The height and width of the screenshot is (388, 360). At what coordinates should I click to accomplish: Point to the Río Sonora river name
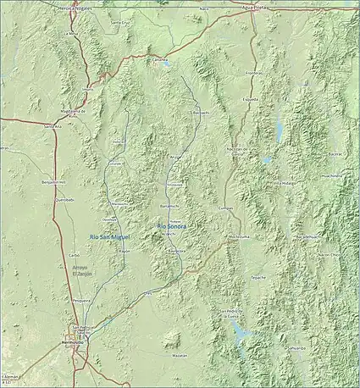(173, 225)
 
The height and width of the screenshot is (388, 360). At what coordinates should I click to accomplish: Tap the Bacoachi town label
(200, 111)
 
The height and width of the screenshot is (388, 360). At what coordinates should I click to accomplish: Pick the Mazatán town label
(179, 356)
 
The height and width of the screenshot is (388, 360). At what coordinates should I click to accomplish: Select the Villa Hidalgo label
(285, 182)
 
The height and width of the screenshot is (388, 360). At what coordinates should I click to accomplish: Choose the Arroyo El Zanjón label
(80, 271)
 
